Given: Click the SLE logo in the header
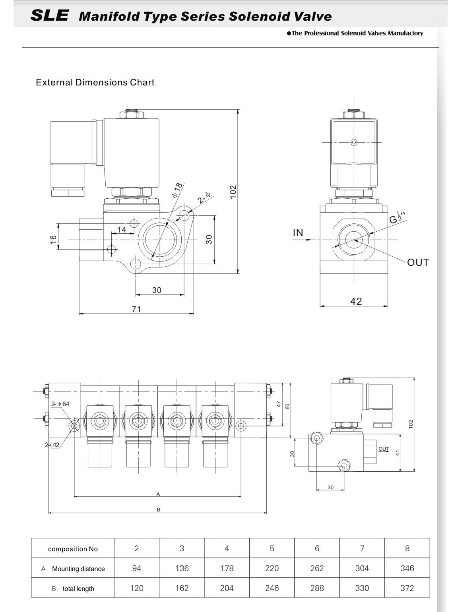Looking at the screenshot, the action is click(x=49, y=15).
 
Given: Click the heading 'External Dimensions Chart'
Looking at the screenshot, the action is click(x=95, y=82).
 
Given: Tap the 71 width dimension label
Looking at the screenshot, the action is click(x=136, y=309).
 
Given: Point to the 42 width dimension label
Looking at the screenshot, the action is click(x=356, y=301).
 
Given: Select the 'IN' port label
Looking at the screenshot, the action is click(x=298, y=232).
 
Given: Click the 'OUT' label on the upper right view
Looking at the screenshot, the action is click(x=418, y=262).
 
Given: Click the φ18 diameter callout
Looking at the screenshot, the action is click(x=177, y=190).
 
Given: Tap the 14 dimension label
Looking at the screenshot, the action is click(x=122, y=230).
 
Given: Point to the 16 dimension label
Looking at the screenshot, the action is click(x=53, y=239).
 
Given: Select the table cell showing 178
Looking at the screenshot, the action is click(x=227, y=568).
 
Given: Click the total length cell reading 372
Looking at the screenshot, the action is click(x=407, y=588).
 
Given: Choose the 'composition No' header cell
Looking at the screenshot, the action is click(x=73, y=549).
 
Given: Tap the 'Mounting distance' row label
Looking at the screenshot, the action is click(x=78, y=569).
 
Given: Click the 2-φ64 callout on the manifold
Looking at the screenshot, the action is click(x=60, y=404).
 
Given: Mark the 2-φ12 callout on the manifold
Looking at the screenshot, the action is click(x=52, y=445).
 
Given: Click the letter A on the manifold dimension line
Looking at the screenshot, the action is click(x=158, y=494).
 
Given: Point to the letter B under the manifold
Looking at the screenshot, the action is click(x=159, y=509).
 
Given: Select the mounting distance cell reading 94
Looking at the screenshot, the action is click(x=137, y=568).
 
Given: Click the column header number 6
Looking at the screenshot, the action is click(x=317, y=548).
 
